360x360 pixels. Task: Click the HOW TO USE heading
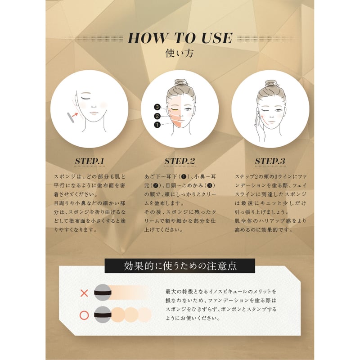[180, 38]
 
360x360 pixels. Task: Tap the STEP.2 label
[180, 161]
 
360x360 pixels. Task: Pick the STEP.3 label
[270, 161]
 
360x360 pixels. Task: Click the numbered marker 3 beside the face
[157, 107]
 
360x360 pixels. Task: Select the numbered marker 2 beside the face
[157, 116]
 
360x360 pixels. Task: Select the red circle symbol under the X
[84, 315]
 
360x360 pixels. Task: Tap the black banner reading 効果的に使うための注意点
[180, 265]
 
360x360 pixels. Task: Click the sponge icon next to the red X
[103, 293]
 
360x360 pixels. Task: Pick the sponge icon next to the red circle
[103, 314]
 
